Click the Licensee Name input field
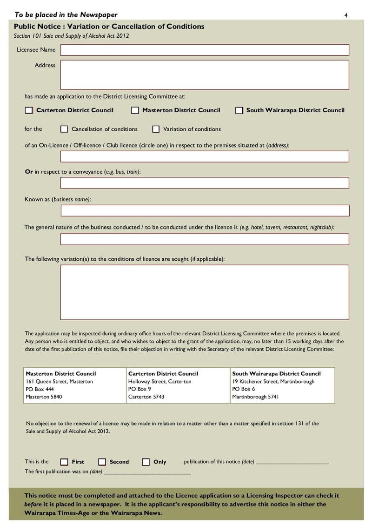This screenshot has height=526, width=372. click(205, 50)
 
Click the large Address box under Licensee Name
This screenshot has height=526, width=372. click(205, 74)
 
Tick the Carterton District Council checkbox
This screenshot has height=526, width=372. click(29, 110)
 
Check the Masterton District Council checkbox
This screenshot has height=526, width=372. click(135, 110)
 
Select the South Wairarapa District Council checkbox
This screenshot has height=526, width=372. click(239, 110)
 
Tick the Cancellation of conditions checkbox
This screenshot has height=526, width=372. click(64, 129)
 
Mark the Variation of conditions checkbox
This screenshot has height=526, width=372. click(156, 129)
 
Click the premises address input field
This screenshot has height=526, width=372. click(205, 156)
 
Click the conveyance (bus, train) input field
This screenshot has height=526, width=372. click(205, 183)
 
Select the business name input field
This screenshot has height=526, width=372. click(205, 210)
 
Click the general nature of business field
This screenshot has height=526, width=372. click(205, 239)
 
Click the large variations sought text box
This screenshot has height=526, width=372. click(205, 292)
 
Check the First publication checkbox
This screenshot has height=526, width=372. click(64, 462)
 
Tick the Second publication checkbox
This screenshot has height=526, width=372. click(102, 462)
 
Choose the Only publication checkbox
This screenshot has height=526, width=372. click(146, 462)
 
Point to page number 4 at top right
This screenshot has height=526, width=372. click(346, 15)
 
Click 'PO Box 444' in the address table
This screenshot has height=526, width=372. click(40, 389)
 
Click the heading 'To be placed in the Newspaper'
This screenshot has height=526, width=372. click(66, 15)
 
